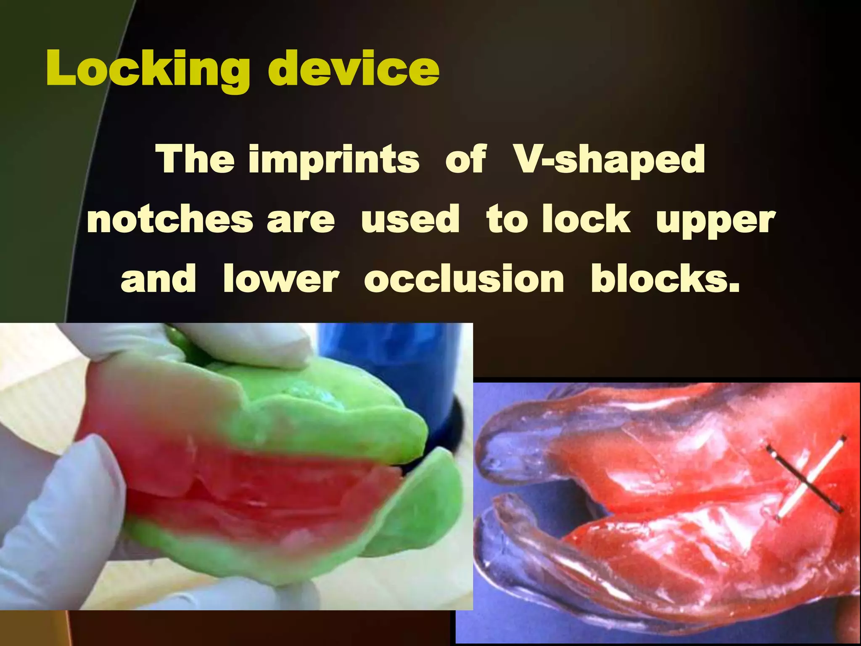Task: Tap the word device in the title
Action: click(x=354, y=69)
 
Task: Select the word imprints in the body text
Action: click(x=334, y=160)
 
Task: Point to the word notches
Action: click(x=170, y=219)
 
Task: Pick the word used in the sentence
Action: click(x=410, y=219)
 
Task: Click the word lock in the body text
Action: click(x=586, y=219)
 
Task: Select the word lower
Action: click(x=281, y=279)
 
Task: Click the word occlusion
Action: click(x=464, y=279)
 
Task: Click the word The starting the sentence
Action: click(x=195, y=160)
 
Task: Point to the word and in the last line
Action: click(x=158, y=279)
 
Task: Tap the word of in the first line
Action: click(x=466, y=160)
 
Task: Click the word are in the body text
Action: click(x=301, y=220)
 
